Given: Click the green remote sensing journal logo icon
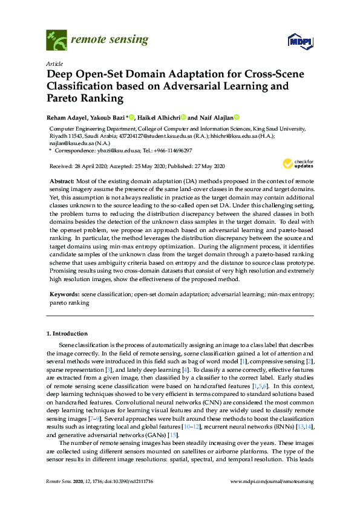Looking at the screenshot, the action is (56, 41).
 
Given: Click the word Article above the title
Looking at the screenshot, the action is (53, 63).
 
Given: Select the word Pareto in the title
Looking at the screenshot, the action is (64, 97).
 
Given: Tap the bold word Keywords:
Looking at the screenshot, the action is (64, 294).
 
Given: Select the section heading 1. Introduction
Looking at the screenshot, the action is (67, 333).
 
